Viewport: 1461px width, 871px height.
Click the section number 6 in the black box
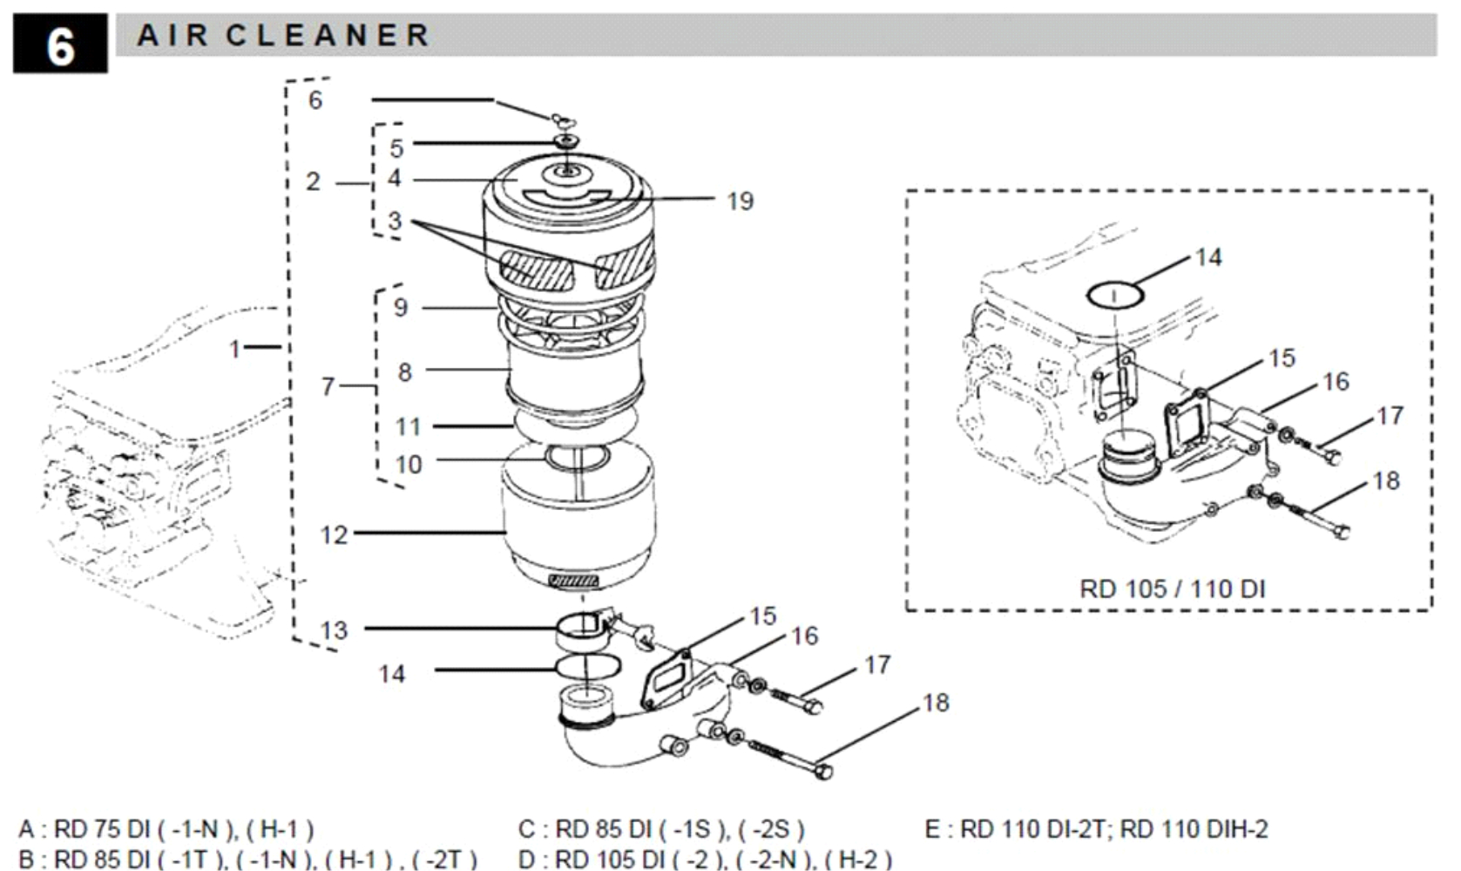(x=59, y=44)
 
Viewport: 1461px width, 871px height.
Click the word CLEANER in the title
(x=328, y=36)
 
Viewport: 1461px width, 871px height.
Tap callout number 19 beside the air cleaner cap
(x=740, y=201)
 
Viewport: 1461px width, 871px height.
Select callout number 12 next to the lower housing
(x=334, y=534)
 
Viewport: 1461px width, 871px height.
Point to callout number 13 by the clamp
(x=334, y=630)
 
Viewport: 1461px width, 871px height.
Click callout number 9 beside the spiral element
(x=400, y=307)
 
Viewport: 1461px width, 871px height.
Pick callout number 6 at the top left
(x=315, y=100)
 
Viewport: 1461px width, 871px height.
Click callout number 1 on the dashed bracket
(x=233, y=349)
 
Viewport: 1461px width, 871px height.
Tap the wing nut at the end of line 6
(x=561, y=118)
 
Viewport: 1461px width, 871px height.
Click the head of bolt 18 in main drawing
(x=823, y=771)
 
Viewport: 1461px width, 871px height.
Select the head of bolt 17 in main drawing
(x=812, y=705)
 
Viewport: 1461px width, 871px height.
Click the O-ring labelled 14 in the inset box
(x=1115, y=296)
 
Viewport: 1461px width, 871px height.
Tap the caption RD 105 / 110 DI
(x=1172, y=589)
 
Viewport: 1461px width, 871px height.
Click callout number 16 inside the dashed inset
(x=1336, y=382)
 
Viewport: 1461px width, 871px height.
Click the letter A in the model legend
(x=26, y=828)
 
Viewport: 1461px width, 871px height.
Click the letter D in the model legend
(x=526, y=860)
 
